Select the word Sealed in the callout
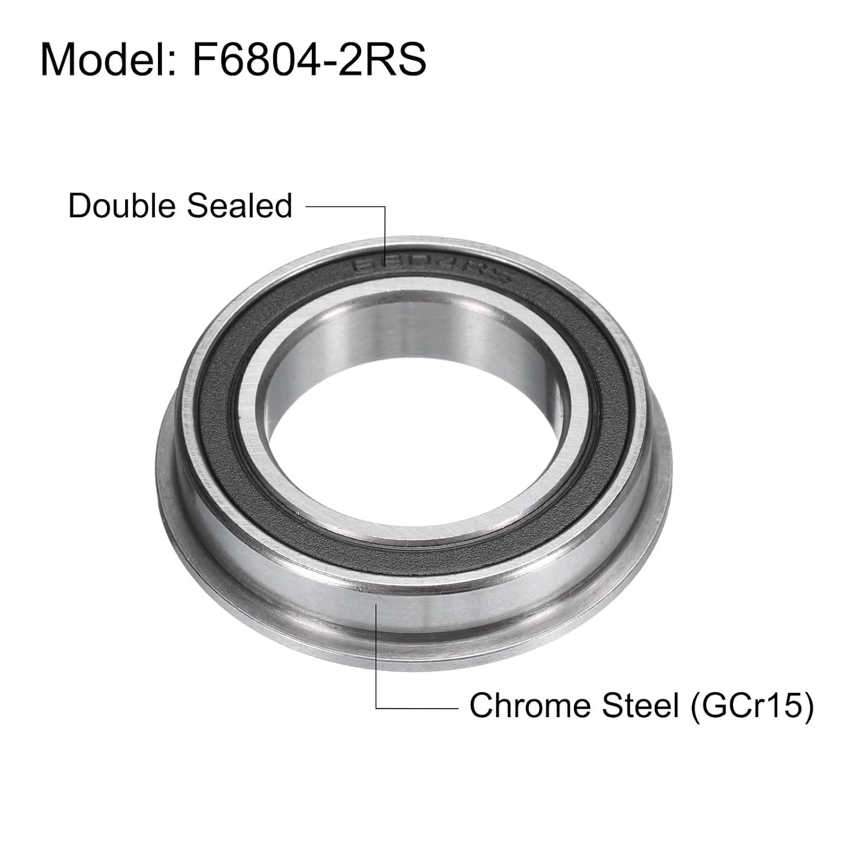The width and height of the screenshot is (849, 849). coord(239,205)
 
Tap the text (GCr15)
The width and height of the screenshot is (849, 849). coord(752,706)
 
